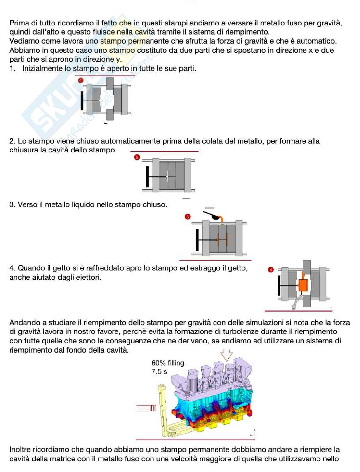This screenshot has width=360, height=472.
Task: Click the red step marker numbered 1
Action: coord(81,81)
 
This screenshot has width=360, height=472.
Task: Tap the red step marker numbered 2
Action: coord(137,157)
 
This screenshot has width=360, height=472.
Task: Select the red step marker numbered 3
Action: coord(188,217)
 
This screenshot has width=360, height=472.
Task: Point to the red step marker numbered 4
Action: coord(271,270)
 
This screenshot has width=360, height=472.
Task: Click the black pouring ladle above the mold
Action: coord(213,216)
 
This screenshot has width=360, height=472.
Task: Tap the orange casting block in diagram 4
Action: coord(303,286)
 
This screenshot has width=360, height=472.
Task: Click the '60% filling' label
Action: coord(168,363)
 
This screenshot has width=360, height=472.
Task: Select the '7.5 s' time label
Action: coord(159,372)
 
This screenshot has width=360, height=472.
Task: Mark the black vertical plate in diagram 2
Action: coord(147,176)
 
